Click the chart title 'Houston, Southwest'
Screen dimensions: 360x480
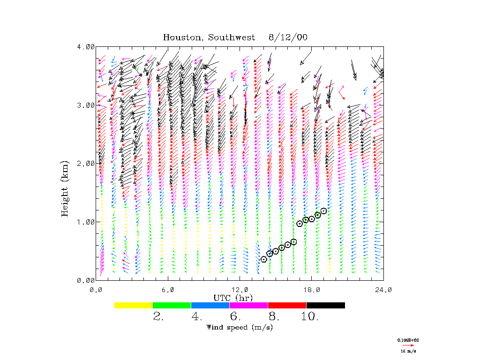209,37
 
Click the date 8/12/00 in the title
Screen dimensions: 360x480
288,37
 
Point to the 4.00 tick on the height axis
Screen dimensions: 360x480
86,47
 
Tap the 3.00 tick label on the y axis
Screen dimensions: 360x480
86,105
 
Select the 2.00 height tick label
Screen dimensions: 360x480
86,164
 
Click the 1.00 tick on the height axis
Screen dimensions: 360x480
86,222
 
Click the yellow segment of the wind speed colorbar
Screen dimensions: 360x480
134,305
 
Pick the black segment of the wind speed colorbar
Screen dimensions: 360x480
325,305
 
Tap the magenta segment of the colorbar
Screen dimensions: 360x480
248,305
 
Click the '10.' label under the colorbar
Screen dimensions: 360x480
310,316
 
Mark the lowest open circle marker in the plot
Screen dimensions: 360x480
264,259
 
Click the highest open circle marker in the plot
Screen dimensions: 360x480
323,211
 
